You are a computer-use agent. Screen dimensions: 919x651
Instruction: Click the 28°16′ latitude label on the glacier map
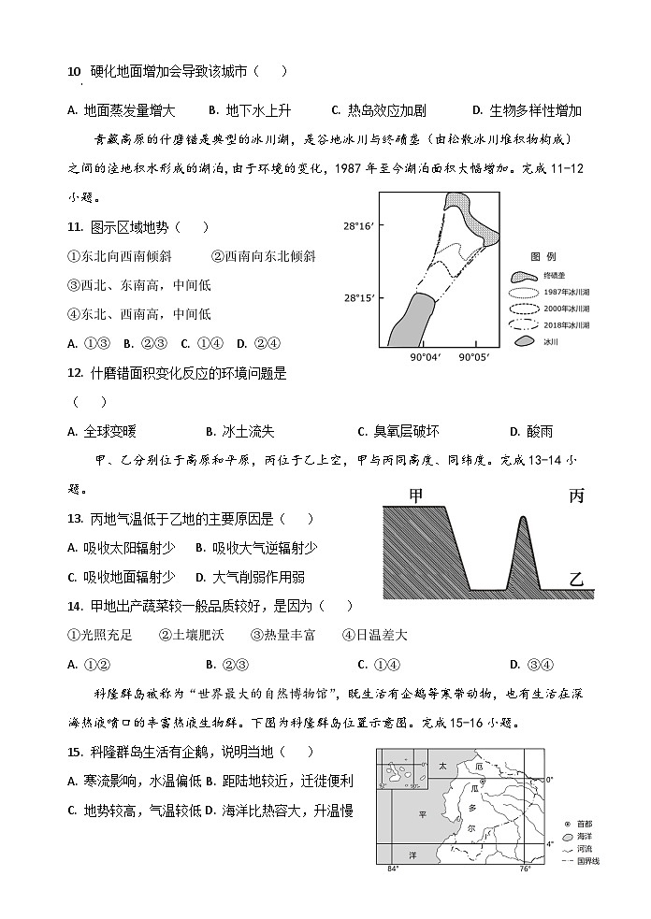coord(357,226)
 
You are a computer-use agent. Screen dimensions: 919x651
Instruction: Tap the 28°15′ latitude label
coord(357,298)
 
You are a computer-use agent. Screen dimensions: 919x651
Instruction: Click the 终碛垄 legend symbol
coord(525,278)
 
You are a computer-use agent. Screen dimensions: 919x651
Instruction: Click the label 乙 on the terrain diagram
coord(576,580)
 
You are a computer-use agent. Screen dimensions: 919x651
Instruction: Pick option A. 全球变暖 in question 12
coord(102,431)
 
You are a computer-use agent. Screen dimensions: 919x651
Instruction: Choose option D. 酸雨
coord(530,431)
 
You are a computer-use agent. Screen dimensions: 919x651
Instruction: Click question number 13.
coord(76,519)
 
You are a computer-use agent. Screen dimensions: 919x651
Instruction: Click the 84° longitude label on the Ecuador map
coord(392,869)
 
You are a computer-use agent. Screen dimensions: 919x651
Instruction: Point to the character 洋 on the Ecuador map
coord(412,854)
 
